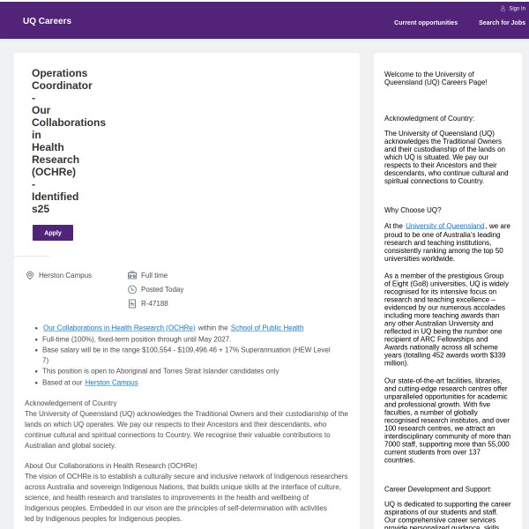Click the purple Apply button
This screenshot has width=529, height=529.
[53, 233]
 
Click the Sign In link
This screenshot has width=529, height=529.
[517, 8]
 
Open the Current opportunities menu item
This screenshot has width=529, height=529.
[426, 22]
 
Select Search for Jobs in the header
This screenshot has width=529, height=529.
[502, 22]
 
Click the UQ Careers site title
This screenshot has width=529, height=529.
[48, 20]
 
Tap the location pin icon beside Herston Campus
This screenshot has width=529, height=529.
[30, 275]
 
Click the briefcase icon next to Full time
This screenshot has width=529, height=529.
[132, 275]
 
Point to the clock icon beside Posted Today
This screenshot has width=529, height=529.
[132, 289]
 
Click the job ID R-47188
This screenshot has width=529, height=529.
[154, 303]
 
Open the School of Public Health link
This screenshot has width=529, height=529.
[267, 328]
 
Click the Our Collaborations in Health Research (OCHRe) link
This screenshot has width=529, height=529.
[119, 328]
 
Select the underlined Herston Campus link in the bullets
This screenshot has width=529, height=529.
[111, 383]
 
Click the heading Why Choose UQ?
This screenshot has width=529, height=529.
[413, 210]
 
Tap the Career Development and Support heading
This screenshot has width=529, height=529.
[438, 488]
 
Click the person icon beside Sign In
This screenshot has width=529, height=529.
[503, 8]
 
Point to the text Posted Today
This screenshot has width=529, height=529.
[162, 289]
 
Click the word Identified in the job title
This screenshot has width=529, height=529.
[55, 197]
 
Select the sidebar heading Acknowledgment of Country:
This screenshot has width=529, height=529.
[429, 118]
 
